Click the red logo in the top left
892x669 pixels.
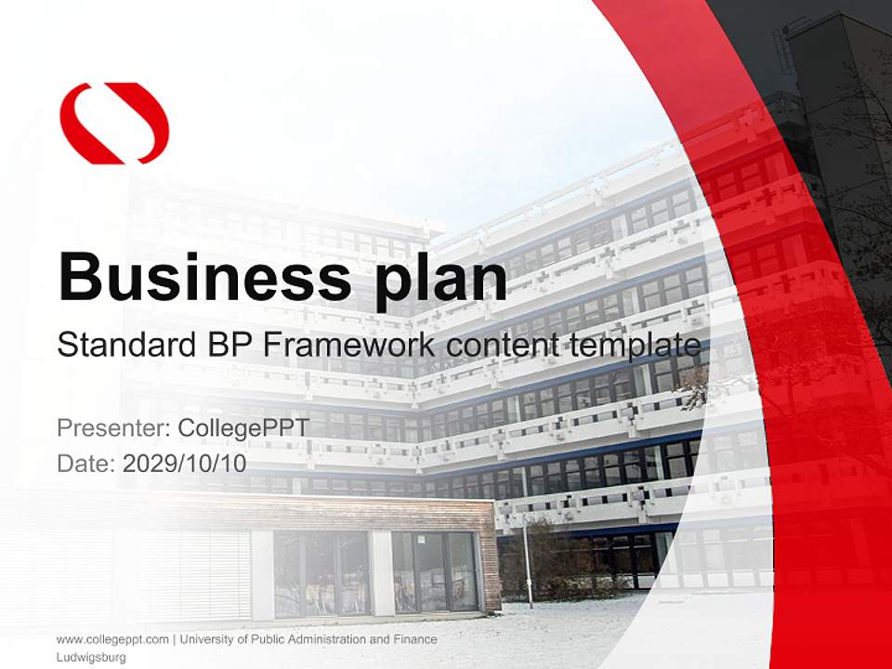tap(114, 123)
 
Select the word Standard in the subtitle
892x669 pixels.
tap(123, 345)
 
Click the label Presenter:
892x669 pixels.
tap(112, 428)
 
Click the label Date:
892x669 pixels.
tap(86, 463)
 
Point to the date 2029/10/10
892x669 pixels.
tap(184, 463)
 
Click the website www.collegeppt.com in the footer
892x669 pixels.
tap(112, 639)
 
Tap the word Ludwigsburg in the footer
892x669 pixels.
tap(91, 657)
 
